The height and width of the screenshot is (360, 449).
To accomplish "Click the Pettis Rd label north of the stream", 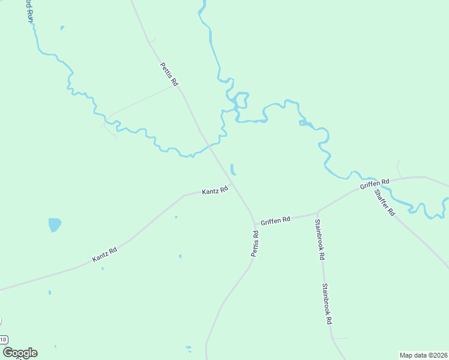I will point(169,74).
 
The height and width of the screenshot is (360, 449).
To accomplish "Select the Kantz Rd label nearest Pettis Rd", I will point(215,191).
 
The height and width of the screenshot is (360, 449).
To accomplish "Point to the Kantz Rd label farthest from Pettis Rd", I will point(104,254).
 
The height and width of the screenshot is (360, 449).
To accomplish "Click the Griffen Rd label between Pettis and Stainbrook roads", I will point(276,220).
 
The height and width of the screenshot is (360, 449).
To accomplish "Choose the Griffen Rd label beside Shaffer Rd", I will point(375,184).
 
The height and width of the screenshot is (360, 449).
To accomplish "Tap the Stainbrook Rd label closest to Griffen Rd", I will point(320,239).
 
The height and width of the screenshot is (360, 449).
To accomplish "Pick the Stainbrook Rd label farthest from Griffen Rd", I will point(327,304).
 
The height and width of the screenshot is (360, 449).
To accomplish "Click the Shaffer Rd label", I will point(384,203).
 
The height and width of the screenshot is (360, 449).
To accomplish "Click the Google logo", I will point(20,353).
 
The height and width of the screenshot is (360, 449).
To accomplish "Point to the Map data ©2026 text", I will point(423,355).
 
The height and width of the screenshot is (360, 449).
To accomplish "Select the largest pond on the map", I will point(55,225).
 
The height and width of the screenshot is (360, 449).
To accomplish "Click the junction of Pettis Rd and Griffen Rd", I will point(254,222).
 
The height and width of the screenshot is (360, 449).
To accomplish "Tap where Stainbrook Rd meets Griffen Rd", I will point(317,212).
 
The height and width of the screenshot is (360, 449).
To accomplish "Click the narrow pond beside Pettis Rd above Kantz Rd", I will point(232,170).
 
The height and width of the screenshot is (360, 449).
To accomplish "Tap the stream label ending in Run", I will point(28,11).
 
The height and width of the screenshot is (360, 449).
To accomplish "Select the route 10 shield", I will point(3,340).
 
